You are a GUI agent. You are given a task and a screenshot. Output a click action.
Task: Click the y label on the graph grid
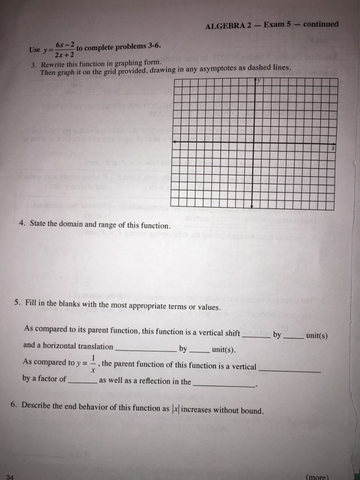pos(259,81)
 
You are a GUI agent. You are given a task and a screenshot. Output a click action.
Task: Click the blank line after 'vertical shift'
pos(256,337)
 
